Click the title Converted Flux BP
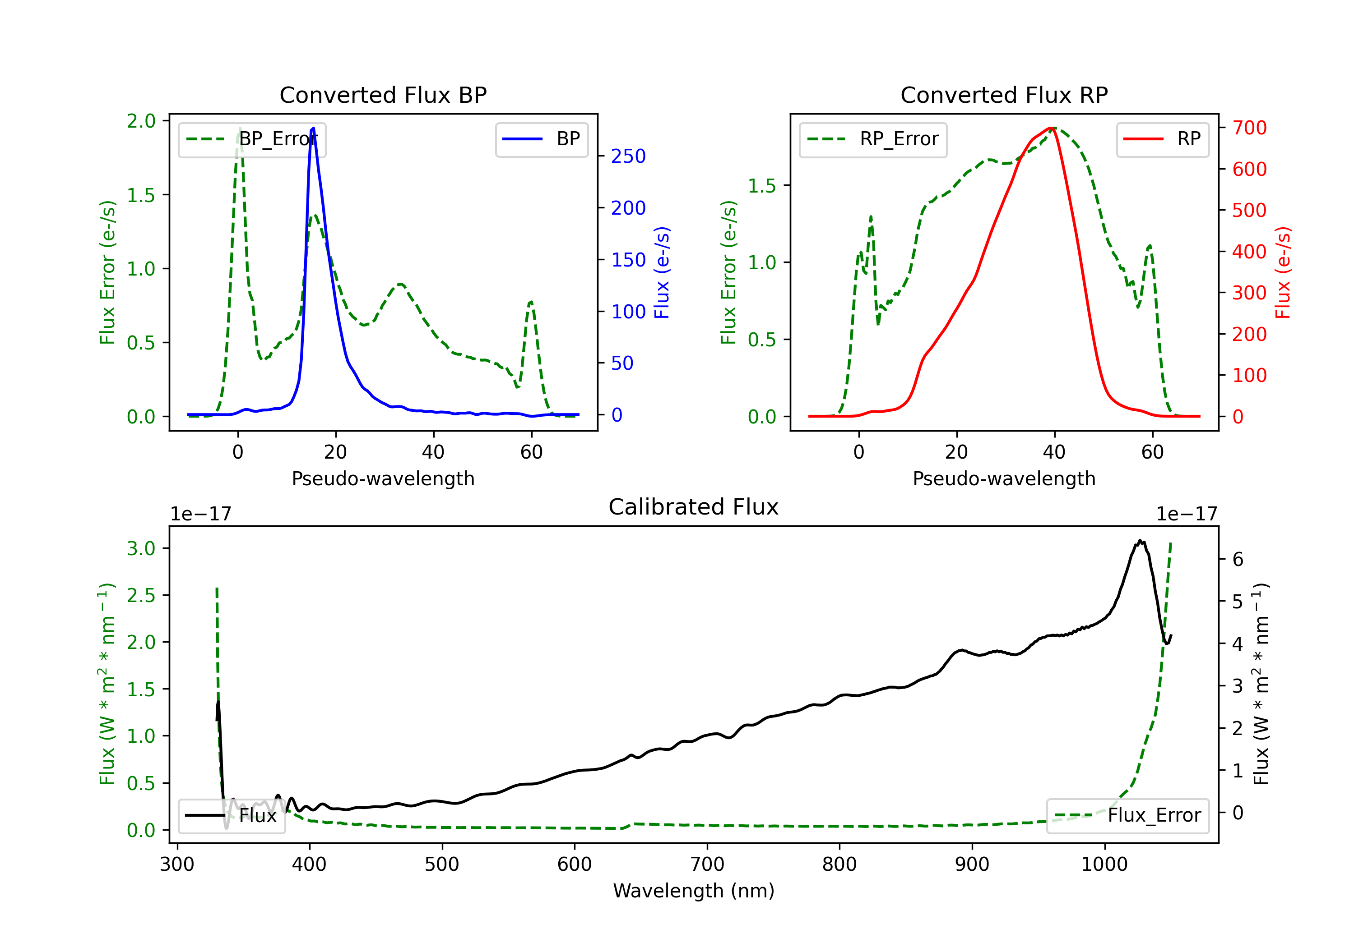tap(383, 95)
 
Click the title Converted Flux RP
tap(1004, 95)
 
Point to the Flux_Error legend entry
tap(1127, 816)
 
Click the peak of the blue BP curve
tap(313, 128)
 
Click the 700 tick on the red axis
tap(1249, 128)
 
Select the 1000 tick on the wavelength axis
tap(1104, 864)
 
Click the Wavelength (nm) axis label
tap(694, 891)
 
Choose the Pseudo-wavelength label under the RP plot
tap(1004, 478)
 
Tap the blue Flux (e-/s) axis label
tap(662, 272)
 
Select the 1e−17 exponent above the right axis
tap(1187, 514)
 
